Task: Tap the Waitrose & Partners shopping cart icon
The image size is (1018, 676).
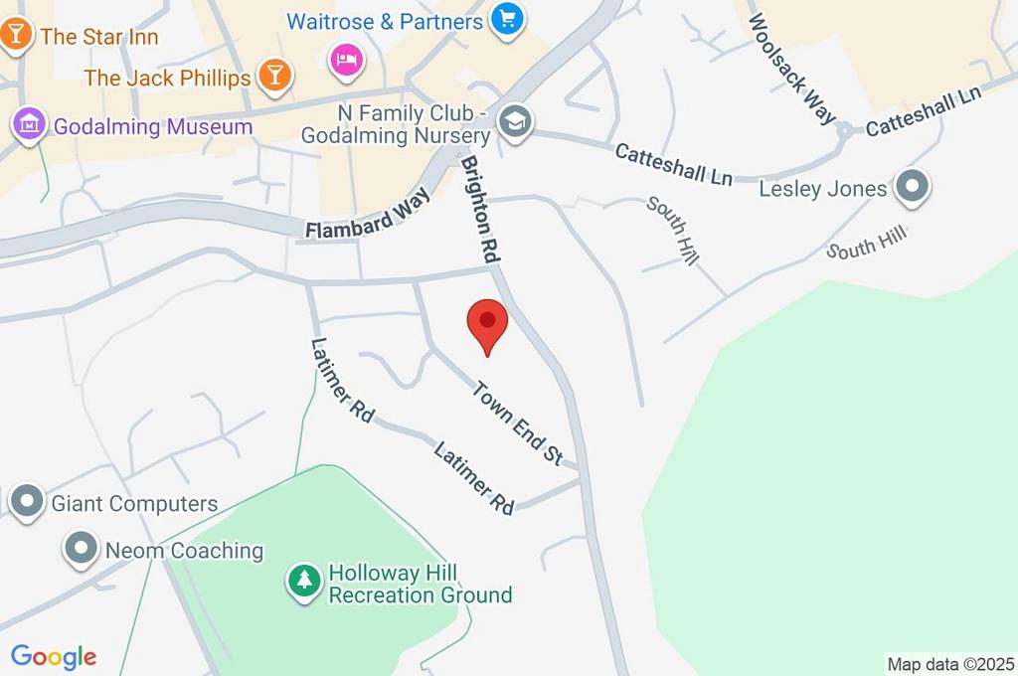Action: (x=508, y=19)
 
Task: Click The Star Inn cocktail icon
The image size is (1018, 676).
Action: (x=17, y=35)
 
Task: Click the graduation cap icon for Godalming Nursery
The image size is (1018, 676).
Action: (x=516, y=123)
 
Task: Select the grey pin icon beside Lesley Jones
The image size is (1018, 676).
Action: (x=911, y=187)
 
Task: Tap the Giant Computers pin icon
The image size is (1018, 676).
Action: (x=27, y=501)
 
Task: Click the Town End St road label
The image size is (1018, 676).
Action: (x=517, y=423)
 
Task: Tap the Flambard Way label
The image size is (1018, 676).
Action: (x=368, y=216)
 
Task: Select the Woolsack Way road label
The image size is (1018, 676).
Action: (x=792, y=69)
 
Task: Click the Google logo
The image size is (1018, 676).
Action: (x=53, y=656)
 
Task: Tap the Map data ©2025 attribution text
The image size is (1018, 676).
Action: (x=950, y=664)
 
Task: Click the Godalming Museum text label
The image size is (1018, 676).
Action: (x=153, y=126)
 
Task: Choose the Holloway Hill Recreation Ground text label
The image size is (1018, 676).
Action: (x=420, y=585)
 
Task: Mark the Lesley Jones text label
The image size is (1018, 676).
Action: (x=822, y=188)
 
